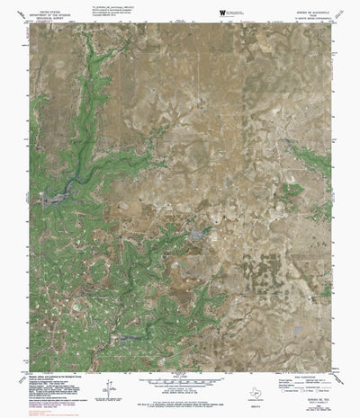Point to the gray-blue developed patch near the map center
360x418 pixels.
(x=197, y=235)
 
